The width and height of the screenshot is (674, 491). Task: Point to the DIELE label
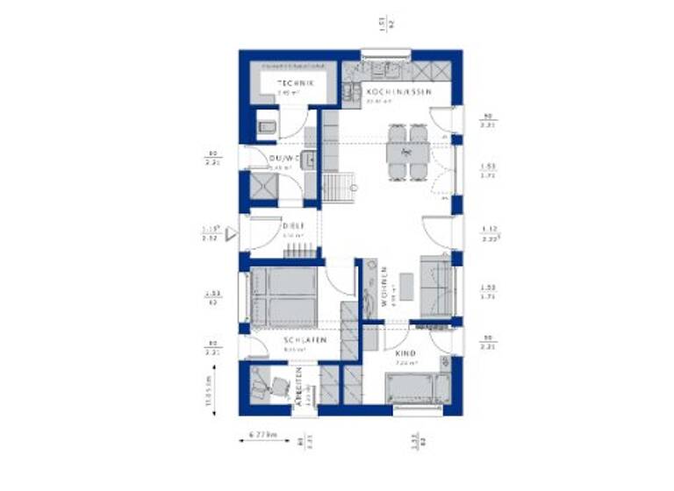click(x=292, y=226)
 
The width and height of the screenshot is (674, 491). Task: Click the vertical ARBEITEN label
click(x=299, y=383)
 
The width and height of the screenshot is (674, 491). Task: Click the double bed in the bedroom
click(x=285, y=296)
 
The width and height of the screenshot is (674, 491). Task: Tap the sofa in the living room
click(x=436, y=285)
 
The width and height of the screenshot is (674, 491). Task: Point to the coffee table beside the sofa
click(x=406, y=285)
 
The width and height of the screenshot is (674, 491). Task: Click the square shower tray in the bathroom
click(x=262, y=188)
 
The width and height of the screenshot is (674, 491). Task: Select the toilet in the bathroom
click(x=266, y=129)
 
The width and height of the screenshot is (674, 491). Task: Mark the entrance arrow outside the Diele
click(x=232, y=233)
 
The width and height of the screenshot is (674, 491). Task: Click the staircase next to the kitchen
click(x=338, y=187)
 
